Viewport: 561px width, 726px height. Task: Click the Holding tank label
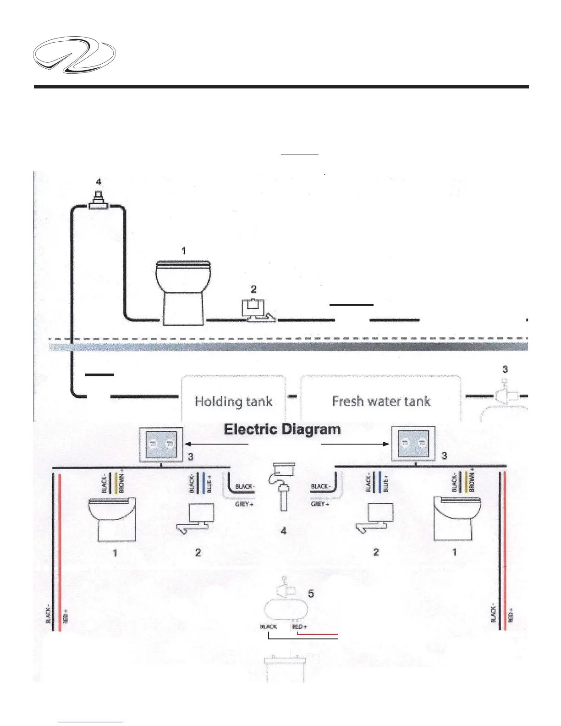234,401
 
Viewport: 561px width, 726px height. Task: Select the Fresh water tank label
381,401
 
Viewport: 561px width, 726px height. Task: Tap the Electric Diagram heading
282,429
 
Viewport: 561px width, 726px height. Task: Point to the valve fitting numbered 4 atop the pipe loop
98,201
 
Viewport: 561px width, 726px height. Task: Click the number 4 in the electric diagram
284,531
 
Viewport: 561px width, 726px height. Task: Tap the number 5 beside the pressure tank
311,594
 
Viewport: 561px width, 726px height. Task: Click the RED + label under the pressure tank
300,627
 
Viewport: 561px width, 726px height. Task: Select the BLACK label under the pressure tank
269,627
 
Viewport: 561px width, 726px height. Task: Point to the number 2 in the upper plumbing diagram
253,289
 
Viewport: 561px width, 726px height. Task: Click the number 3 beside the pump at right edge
505,369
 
